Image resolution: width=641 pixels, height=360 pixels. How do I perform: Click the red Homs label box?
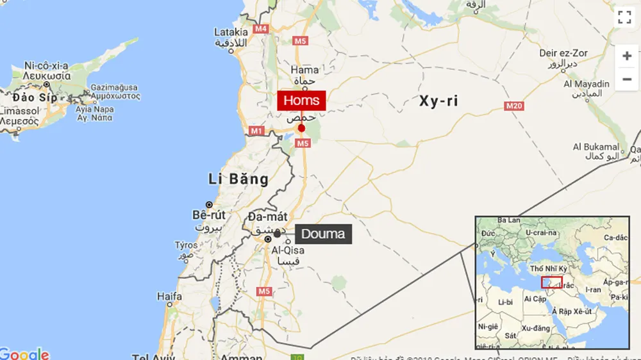coord(301,101)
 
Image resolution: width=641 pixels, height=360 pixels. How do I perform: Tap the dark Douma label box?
coord(323,234)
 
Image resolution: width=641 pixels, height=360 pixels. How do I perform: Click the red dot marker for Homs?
coord(301,128)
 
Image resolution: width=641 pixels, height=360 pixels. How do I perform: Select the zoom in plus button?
coord(626,56)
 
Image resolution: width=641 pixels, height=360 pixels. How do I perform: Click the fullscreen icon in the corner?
coord(625,17)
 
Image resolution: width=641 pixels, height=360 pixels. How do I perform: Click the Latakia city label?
coord(231,32)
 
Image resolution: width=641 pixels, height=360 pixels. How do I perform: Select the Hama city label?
coord(304,70)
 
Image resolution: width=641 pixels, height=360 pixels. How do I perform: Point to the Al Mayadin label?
coord(587,84)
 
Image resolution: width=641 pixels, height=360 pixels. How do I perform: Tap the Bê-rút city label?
coord(208,215)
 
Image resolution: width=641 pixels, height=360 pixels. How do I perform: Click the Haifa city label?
coord(169,297)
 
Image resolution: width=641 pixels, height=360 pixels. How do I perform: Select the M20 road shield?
coord(515,106)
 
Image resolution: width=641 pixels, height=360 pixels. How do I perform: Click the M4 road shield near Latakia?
coord(260,29)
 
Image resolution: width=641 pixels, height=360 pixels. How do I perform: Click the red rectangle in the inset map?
coord(551,282)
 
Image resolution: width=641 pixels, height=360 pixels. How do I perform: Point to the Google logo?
coord(24,353)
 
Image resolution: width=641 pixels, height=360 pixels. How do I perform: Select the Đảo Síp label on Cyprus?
coord(34,97)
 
